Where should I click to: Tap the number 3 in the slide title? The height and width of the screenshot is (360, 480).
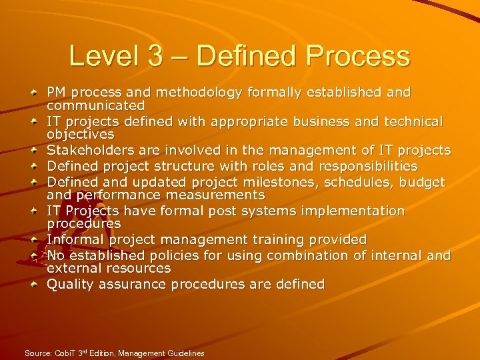[155, 56]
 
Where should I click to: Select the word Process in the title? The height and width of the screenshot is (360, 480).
[358, 56]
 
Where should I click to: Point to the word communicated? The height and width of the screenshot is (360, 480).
[95, 105]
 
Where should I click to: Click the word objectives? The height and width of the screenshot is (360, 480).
[80, 135]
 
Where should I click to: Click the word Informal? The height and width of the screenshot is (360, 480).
[73, 239]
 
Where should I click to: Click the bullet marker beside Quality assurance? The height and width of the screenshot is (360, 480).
[34, 285]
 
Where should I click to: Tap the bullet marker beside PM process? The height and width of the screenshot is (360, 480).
[34, 93]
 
